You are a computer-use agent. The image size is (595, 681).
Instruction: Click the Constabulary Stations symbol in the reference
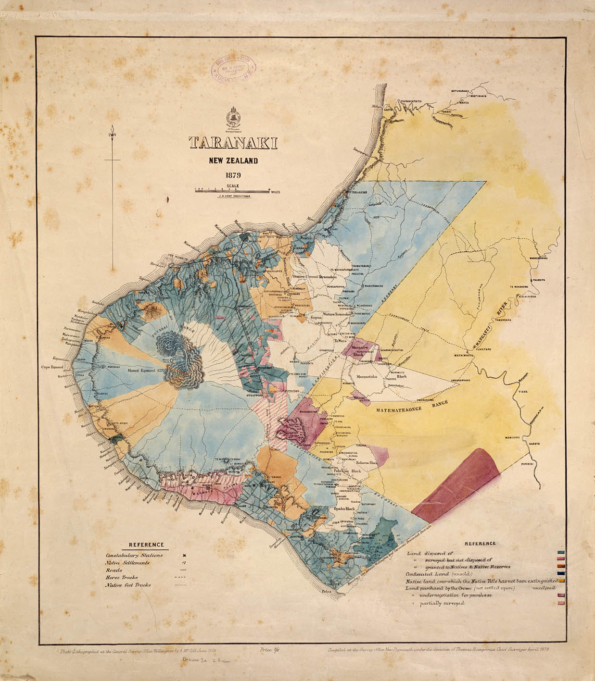click(x=184, y=555)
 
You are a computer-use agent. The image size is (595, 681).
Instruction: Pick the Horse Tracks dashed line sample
click(x=180, y=577)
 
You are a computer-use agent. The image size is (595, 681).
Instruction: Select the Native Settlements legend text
click(x=127, y=562)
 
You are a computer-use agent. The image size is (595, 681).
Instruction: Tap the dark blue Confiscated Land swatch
click(x=560, y=573)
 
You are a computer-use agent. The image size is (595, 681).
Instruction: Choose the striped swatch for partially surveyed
click(x=560, y=604)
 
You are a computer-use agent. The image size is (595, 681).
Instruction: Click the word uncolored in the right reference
click(x=546, y=588)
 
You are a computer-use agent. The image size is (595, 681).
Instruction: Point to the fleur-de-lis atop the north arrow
click(x=112, y=131)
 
